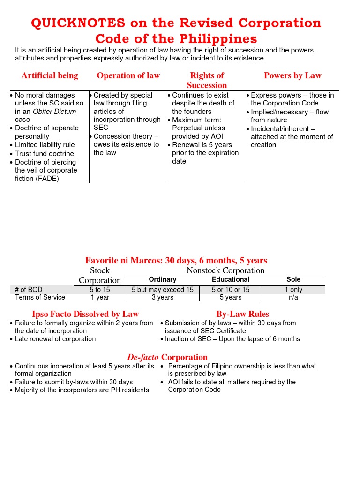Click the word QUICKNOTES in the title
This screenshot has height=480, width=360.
pyautogui.click(x=78, y=23)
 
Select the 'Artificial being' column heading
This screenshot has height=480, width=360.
pyautogui.click(x=50, y=75)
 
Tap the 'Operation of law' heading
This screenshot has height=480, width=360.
pyautogui.click(x=128, y=75)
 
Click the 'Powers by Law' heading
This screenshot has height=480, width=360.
pyautogui.click(x=292, y=75)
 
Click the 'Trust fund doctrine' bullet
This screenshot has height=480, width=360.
pyautogui.click(x=45, y=154)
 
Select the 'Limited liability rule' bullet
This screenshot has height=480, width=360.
pyautogui.click(x=45, y=145)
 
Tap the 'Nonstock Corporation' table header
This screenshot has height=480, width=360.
pyautogui.click(x=225, y=270)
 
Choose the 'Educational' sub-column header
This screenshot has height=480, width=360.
pyautogui.click(x=231, y=279)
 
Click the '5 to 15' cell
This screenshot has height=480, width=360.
pyautogui.click(x=100, y=290)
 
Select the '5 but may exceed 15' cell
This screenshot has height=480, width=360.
pyautogui.click(x=162, y=290)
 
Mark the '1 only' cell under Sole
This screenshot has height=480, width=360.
pyautogui.click(x=293, y=290)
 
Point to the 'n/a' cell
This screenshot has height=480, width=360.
pyautogui.click(x=293, y=297)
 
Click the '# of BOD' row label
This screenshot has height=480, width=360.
pyautogui.click(x=29, y=290)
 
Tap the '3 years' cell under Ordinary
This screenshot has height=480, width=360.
pyautogui.click(x=162, y=297)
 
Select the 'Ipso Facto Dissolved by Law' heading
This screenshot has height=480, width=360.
pyautogui.click(x=85, y=314)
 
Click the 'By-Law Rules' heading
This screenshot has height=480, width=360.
pyautogui.click(x=243, y=314)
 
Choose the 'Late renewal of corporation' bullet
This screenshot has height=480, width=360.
pyautogui.click(x=55, y=339)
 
